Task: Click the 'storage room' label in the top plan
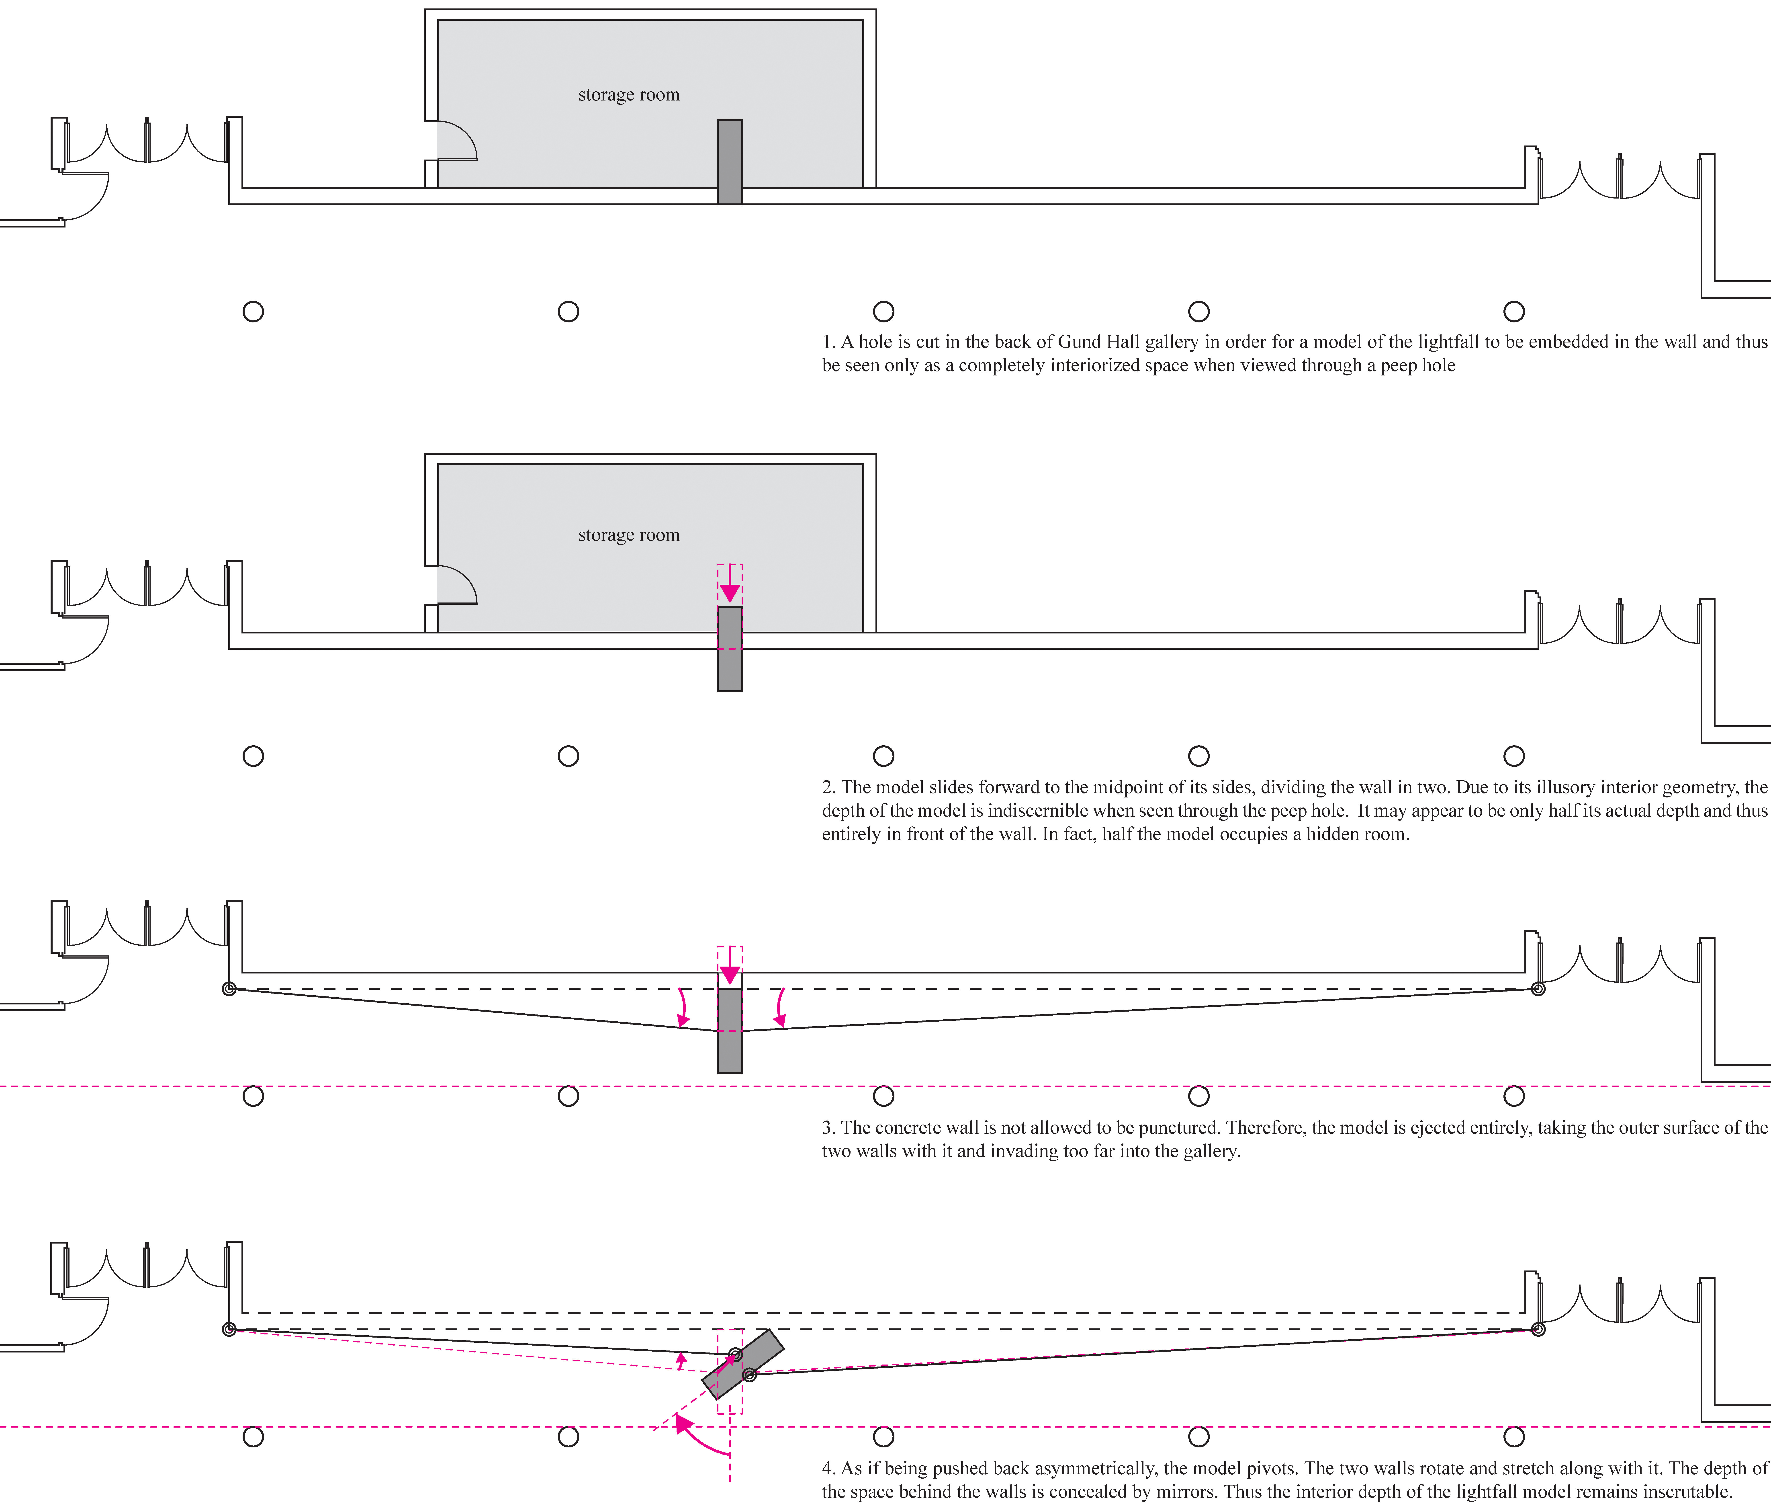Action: coord(629,95)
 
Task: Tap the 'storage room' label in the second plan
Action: coord(629,535)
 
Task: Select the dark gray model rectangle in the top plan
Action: coord(730,162)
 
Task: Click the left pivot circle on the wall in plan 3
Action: coord(228,989)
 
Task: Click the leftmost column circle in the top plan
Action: coord(253,311)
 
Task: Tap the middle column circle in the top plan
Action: coord(884,311)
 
